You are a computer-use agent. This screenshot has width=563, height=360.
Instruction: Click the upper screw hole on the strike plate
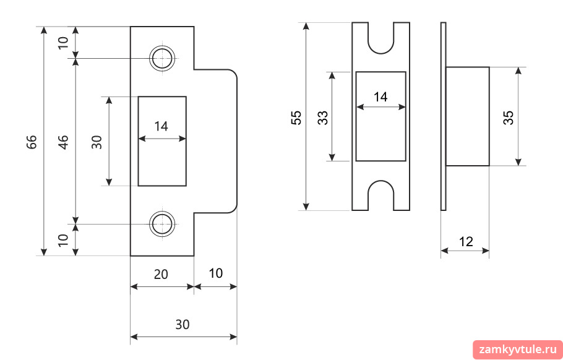(162, 58)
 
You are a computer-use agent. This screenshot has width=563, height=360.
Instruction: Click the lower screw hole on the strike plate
(162, 224)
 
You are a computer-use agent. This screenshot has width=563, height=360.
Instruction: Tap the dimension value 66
(32, 142)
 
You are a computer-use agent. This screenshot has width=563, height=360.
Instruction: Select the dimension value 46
(63, 142)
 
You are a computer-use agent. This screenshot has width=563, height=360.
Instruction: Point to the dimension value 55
(296, 118)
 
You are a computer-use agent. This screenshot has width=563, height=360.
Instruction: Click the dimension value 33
(323, 118)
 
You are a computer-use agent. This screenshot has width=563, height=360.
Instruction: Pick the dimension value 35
(509, 118)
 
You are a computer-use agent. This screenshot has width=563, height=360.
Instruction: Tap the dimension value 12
(466, 242)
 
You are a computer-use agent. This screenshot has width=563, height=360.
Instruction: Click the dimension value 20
(161, 274)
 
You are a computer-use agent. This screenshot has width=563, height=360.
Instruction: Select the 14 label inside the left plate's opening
(161, 126)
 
